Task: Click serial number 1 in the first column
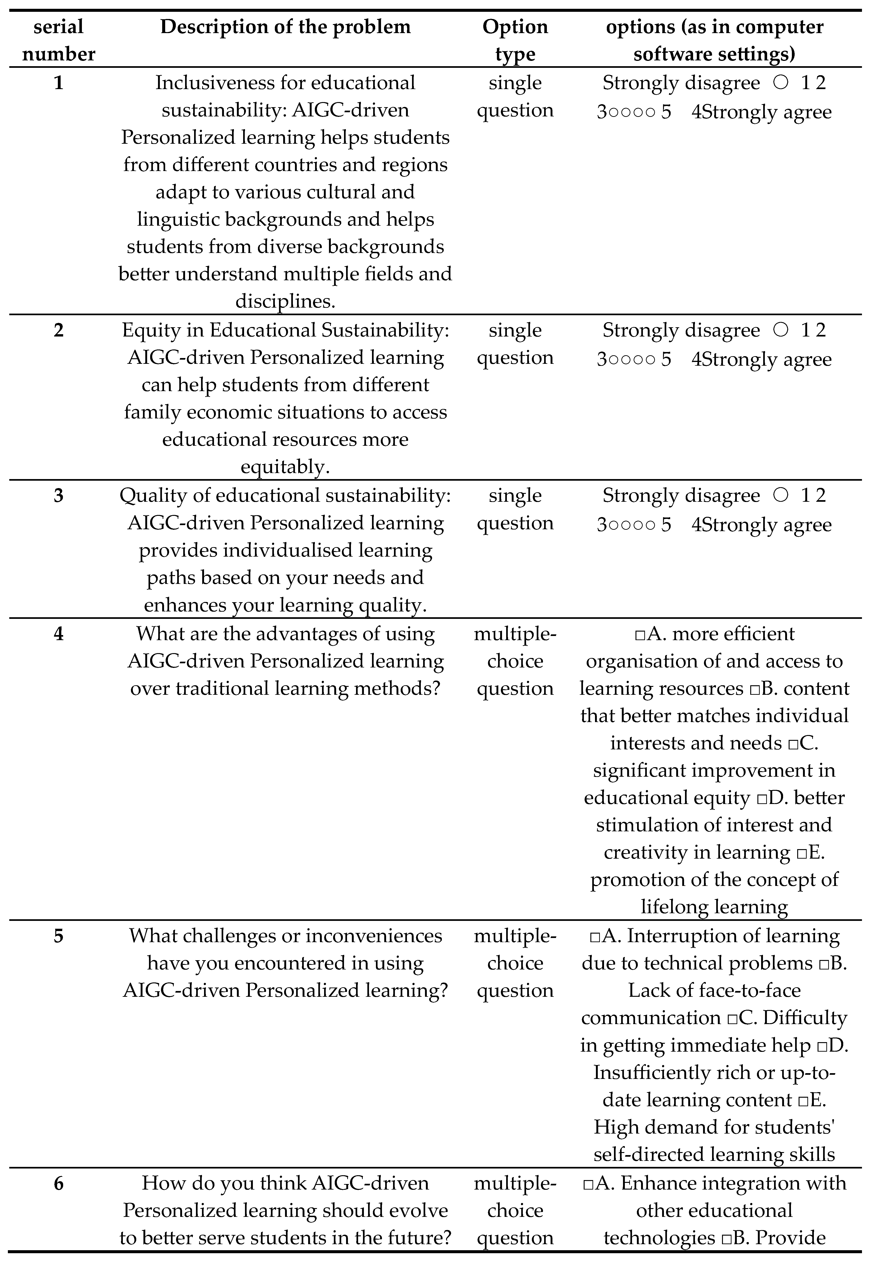pyautogui.click(x=59, y=83)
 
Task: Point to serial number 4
pyautogui.click(x=59, y=634)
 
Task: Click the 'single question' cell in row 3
pyautogui.click(x=515, y=509)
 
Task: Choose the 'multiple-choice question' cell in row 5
pyautogui.click(x=515, y=963)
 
